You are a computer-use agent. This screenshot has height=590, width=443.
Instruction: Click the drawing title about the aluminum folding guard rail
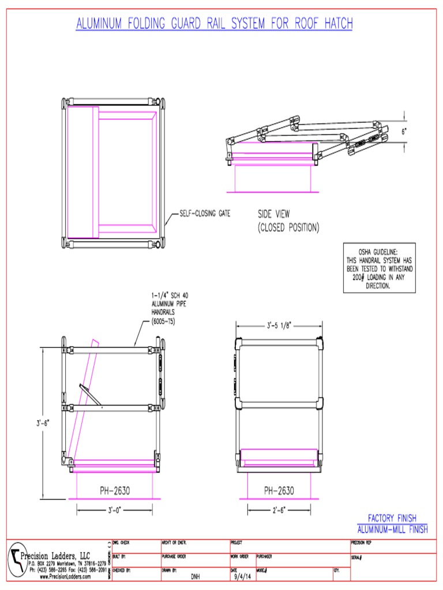(x=214, y=24)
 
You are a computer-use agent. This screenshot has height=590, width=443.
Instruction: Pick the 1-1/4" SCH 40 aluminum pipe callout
(x=168, y=307)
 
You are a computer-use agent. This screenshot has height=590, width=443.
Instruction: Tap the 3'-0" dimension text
(x=114, y=510)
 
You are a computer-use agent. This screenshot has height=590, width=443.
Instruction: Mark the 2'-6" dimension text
(x=279, y=510)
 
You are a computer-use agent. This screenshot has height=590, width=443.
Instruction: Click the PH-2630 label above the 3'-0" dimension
(x=114, y=491)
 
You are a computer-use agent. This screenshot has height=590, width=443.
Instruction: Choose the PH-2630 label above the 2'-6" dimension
(x=279, y=491)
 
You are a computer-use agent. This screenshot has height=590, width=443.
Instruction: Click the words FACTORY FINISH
(x=392, y=518)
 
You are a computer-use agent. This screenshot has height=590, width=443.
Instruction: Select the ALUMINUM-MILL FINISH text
(x=392, y=529)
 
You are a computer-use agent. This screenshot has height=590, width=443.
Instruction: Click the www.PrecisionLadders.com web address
(x=65, y=576)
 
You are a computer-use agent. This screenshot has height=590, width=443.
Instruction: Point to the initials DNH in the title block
(x=195, y=576)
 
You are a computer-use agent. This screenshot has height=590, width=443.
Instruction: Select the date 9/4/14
(x=243, y=576)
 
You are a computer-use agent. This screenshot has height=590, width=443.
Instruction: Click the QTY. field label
(x=337, y=570)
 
